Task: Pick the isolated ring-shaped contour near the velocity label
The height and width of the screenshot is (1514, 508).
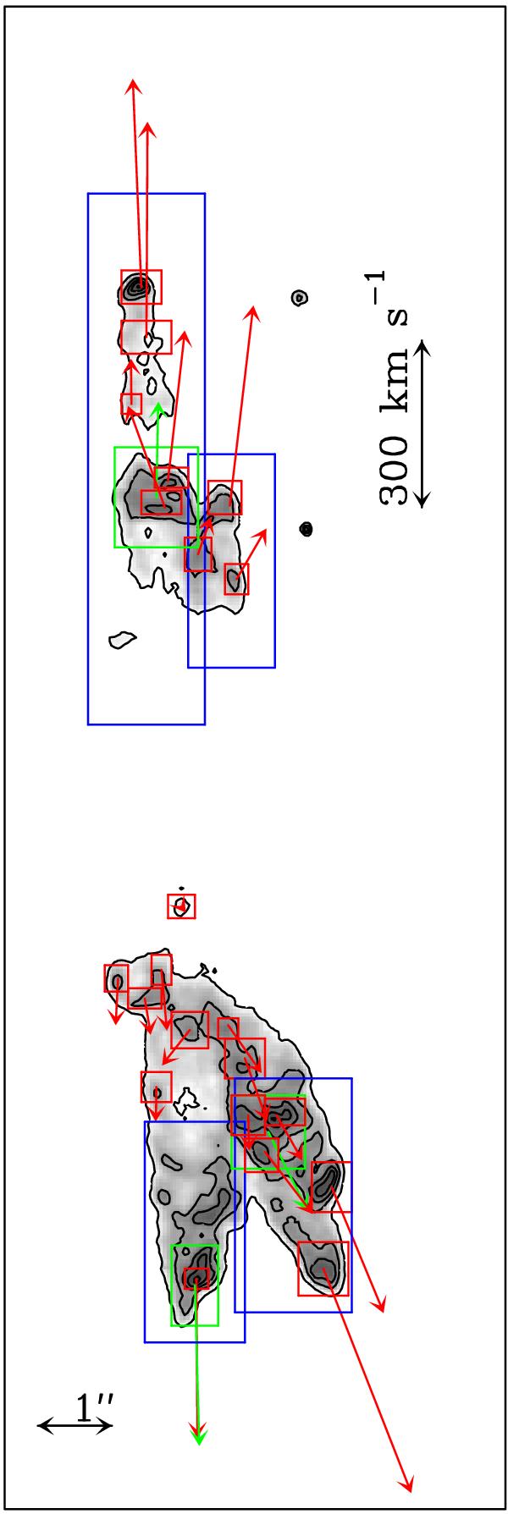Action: point(298,298)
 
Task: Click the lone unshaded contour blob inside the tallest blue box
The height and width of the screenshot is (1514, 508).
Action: point(123,640)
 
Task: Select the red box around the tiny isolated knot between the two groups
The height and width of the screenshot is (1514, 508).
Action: point(181,906)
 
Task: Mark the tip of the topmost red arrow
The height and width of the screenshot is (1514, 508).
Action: point(133,80)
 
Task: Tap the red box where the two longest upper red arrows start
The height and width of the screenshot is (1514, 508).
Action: point(141,287)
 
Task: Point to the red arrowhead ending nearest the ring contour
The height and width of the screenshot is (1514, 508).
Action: point(251,311)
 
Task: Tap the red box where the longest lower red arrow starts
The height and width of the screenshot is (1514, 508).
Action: point(323,1268)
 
